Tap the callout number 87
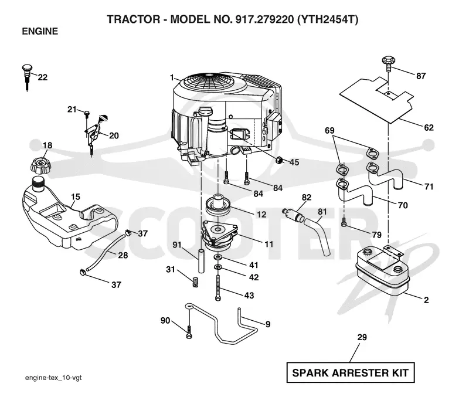point(420,76)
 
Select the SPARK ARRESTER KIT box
point(350,372)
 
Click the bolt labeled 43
point(218,287)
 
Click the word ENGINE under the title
point(40,32)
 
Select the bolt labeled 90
point(189,332)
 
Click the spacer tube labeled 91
point(201,260)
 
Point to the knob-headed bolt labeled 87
point(388,63)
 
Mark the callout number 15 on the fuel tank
point(76,197)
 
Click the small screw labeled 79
point(344,222)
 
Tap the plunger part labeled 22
point(27,77)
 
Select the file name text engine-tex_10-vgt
point(53,378)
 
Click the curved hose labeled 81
point(317,237)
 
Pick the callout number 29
point(362,337)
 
